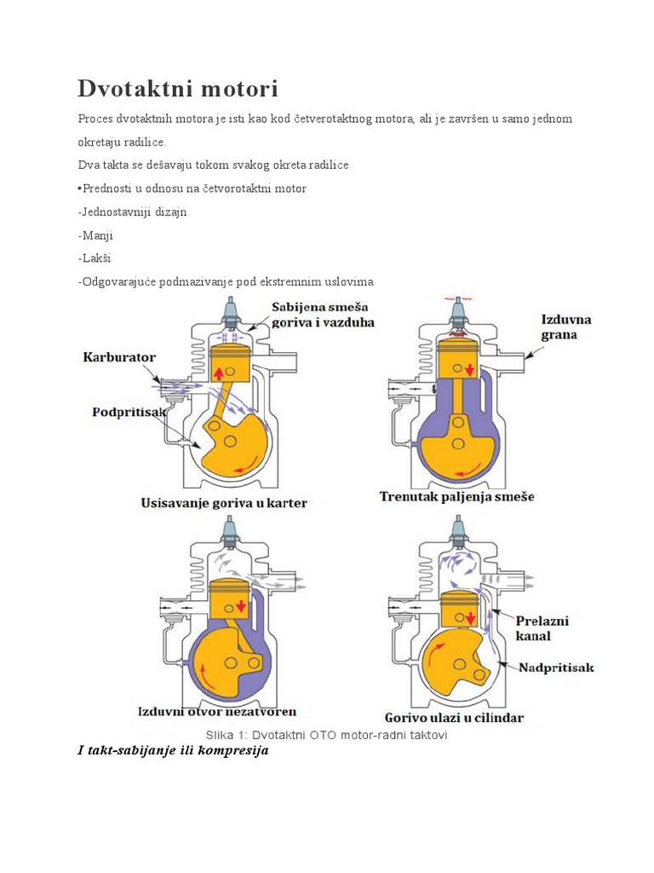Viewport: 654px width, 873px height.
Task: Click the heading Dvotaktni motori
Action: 178,89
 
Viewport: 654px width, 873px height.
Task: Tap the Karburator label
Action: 120,357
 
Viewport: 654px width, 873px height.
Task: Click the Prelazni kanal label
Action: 543,627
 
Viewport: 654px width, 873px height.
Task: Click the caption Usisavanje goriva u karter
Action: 223,503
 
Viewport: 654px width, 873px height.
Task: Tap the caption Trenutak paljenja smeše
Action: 456,496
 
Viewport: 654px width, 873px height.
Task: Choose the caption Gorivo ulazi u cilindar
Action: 454,717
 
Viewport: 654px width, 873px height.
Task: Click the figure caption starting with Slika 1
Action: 327,735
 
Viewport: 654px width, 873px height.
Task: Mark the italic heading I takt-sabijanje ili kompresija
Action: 173,751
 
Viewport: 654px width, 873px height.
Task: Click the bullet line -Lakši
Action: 94,257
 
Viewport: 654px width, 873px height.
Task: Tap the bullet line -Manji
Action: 95,234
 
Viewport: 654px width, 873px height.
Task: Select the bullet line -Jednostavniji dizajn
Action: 132,211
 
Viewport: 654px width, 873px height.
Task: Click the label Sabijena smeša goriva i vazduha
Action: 323,315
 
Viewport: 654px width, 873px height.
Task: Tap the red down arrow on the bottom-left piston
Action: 241,606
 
